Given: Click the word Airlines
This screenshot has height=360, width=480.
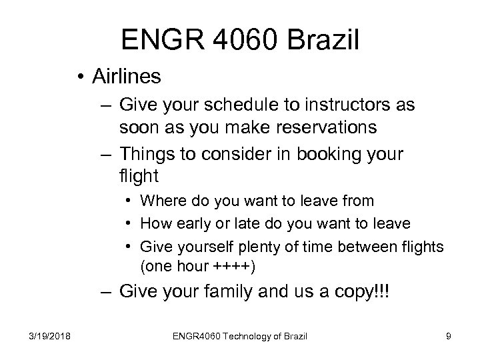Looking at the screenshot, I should (127, 77).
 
